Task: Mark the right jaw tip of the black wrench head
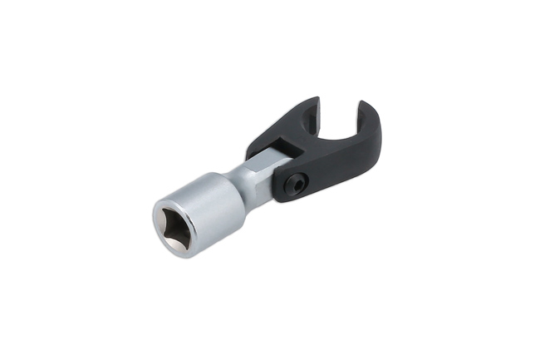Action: tap(366, 106)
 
